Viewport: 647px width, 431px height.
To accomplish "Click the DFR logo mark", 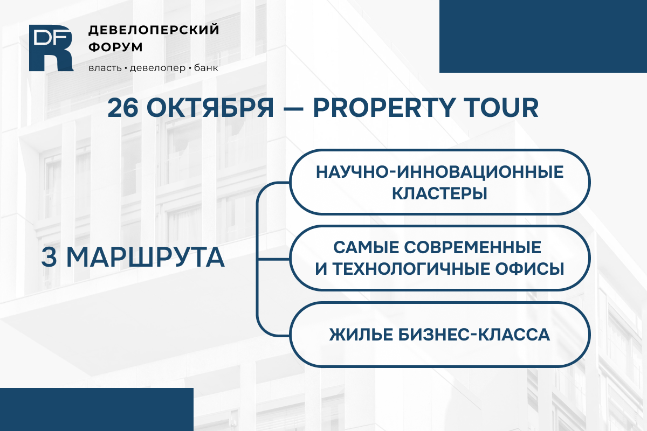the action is (x=51, y=48).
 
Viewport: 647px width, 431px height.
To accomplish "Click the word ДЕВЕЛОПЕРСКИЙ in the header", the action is (x=154, y=30).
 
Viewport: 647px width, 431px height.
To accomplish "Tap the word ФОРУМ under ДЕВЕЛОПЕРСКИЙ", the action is (x=115, y=47).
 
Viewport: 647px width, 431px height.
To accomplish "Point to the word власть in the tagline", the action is (x=105, y=68).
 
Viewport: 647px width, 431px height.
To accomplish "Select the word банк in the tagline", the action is (x=206, y=68).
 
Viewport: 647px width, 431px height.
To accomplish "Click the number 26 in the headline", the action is (x=123, y=108).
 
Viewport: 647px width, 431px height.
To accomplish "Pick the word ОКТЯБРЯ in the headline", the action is (x=210, y=108).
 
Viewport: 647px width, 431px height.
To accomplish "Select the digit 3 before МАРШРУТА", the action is (x=49, y=257).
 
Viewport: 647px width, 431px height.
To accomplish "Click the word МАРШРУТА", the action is (x=146, y=257).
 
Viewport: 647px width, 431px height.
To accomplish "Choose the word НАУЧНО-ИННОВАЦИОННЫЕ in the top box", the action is (x=439, y=172).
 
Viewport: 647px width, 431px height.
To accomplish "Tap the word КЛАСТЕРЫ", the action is (x=439, y=193).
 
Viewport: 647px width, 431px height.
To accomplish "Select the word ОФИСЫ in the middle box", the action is (x=529, y=269).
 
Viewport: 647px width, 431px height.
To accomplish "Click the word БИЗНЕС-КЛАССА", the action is (x=474, y=335).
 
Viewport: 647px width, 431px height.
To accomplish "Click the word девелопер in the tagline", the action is (x=157, y=68).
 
